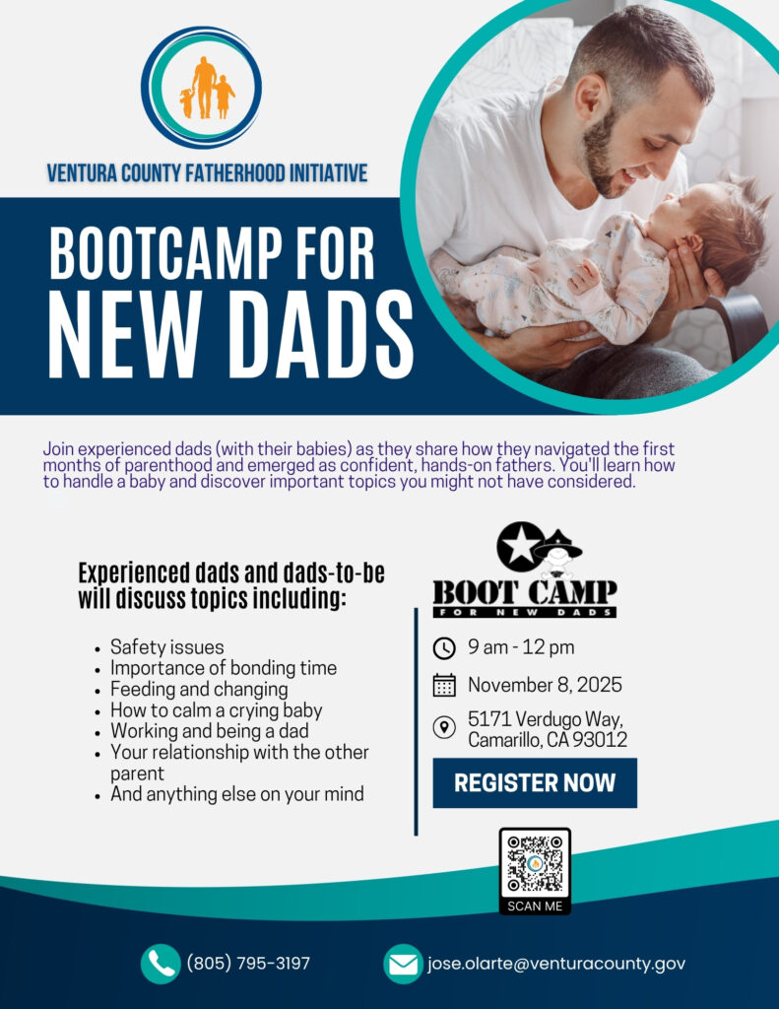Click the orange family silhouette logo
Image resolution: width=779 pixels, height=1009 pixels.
click(x=206, y=88)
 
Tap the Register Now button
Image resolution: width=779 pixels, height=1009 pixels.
click(x=535, y=782)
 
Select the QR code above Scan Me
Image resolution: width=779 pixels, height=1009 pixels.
click(x=535, y=863)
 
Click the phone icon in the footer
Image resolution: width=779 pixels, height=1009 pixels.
click(x=161, y=964)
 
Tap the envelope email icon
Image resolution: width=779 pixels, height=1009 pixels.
click(x=404, y=964)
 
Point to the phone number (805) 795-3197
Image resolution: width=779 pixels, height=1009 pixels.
click(x=248, y=964)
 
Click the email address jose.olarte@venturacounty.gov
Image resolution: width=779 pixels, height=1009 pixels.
click(x=556, y=964)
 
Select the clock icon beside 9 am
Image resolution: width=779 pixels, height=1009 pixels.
click(x=444, y=648)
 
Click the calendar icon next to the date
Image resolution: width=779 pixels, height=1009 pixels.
click(x=444, y=686)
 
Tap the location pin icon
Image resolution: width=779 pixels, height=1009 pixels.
click(x=444, y=728)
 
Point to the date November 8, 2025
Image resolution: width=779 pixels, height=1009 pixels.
click(x=545, y=685)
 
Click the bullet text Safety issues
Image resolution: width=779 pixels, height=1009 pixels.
click(x=167, y=646)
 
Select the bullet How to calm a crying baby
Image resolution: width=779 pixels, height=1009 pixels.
click(x=216, y=710)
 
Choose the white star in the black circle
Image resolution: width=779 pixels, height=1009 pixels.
click(x=521, y=546)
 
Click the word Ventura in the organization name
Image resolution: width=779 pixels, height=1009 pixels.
click(x=82, y=173)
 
